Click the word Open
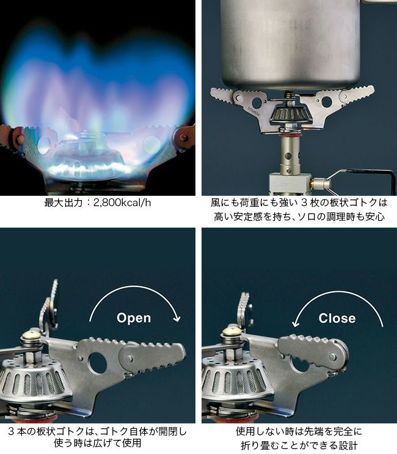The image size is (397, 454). point(134,318)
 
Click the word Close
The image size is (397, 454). point(337,318)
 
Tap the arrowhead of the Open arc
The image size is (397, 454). point(177,319)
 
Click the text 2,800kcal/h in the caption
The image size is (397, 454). point(122,203)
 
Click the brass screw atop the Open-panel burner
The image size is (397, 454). point(31,335)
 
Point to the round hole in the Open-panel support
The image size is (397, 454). point(97,362)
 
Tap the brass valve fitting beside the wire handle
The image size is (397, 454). point(320,183)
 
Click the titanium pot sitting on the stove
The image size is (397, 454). point(291,43)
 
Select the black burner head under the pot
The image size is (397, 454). point(291,114)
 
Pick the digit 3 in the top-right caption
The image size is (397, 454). point(304,203)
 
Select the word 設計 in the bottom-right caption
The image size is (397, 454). point(348,445)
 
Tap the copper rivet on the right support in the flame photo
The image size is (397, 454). point(184,137)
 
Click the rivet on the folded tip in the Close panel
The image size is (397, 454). point(333,356)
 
